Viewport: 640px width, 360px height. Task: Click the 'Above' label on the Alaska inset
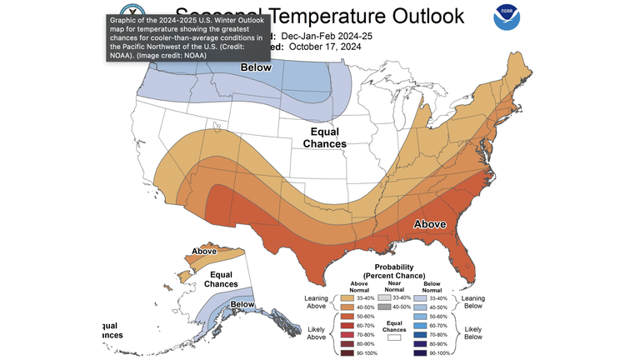click(204, 251)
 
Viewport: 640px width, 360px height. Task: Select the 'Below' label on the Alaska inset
click(242, 304)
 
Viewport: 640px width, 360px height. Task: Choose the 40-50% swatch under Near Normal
click(384, 307)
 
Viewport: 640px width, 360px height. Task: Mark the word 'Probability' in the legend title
click(389, 266)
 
